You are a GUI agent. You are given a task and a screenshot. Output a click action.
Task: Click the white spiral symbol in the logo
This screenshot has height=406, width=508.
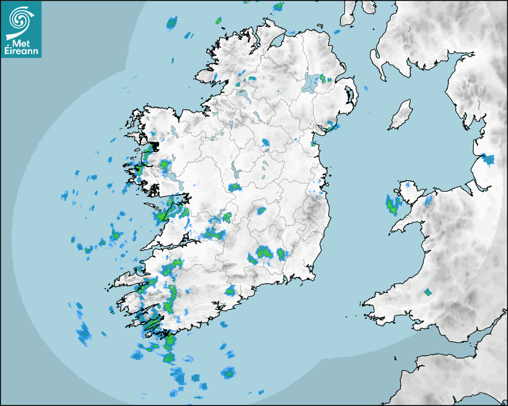20,19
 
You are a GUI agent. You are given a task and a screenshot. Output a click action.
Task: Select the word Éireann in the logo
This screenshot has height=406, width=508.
23,52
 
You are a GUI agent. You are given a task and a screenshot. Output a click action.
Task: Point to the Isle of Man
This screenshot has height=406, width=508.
401,115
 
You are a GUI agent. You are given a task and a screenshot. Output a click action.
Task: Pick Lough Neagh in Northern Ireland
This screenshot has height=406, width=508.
311,82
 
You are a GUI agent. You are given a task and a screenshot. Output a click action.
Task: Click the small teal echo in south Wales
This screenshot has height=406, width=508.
428,293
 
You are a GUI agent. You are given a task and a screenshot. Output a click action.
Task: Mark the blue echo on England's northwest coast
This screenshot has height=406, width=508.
488,159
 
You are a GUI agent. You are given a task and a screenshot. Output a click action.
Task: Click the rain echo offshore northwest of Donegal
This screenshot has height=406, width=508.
172,24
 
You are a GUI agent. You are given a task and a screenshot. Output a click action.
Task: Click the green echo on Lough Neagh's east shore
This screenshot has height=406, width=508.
323,78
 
